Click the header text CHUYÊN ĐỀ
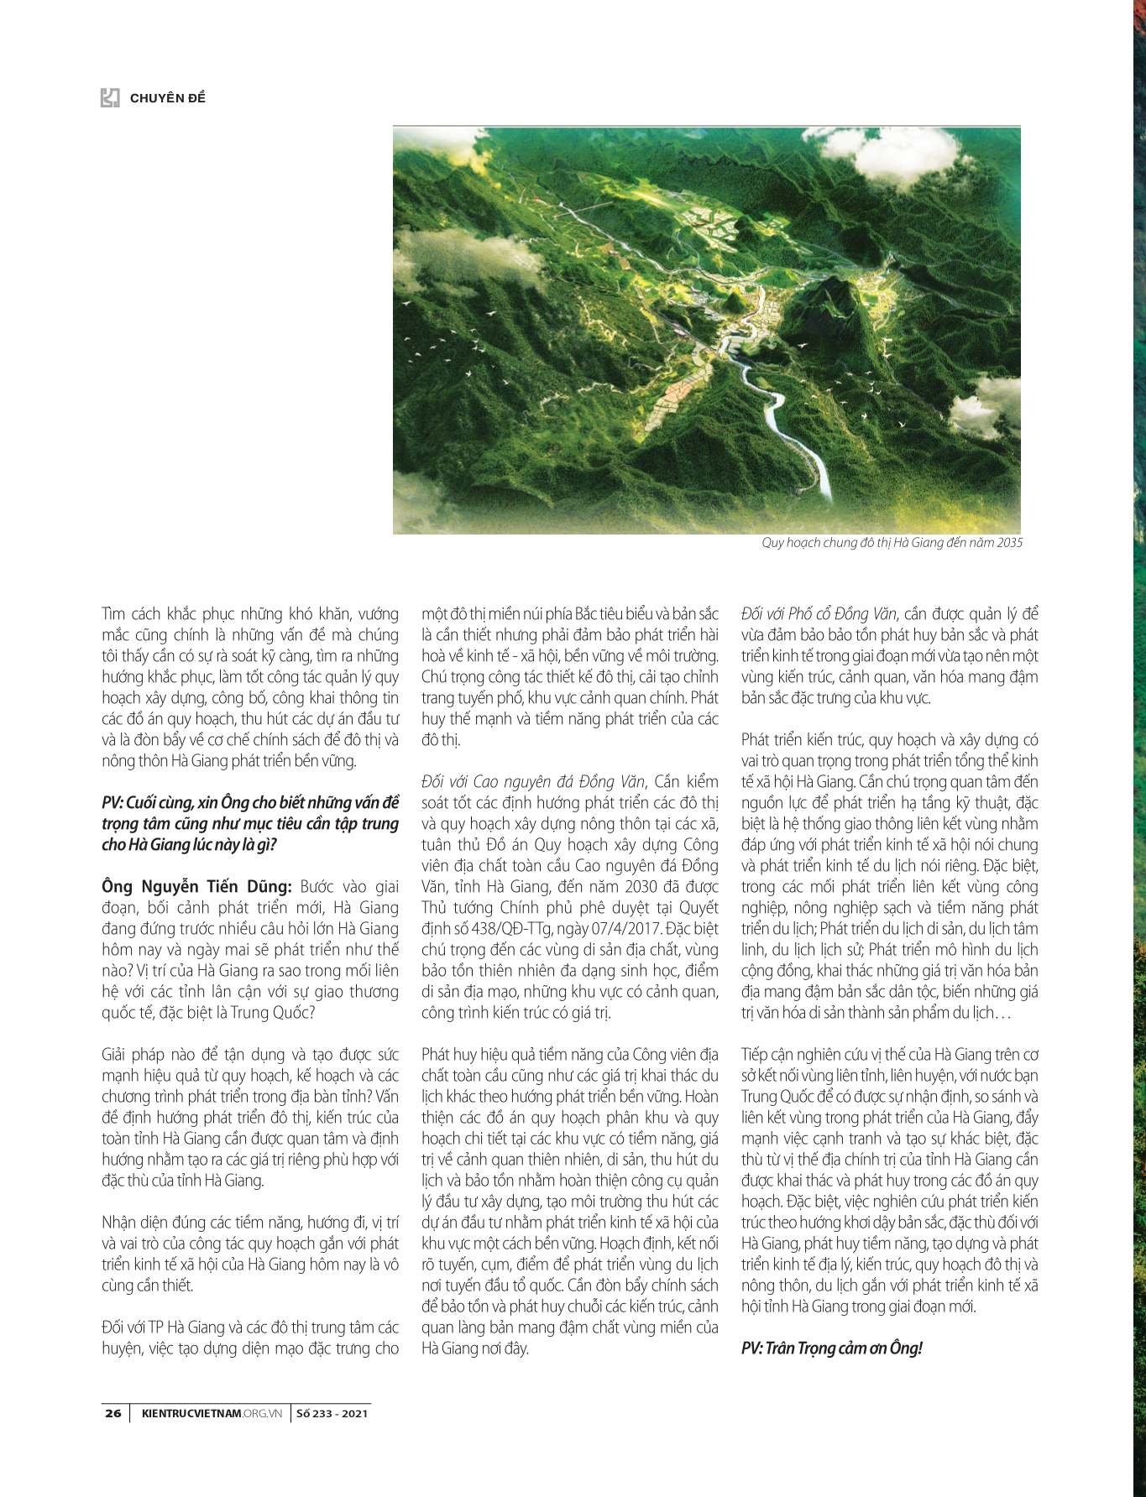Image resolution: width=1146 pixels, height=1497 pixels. coord(168,98)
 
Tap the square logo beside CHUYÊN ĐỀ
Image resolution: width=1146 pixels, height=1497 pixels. coord(110,98)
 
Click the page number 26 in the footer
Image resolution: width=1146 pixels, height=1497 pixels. coord(113,1413)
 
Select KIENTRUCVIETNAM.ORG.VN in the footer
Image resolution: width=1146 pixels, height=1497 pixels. coord(211,1413)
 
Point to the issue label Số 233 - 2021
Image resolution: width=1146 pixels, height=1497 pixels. coord(332,1413)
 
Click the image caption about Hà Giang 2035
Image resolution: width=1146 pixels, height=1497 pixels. coord(892,543)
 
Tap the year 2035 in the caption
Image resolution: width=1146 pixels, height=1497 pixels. coord(1009,543)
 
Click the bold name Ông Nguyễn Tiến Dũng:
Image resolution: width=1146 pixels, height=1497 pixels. coord(197,886)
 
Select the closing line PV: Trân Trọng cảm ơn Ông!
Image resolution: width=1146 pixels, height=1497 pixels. coord(831,1348)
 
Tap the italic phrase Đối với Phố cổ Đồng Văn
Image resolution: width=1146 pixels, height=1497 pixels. coord(819,613)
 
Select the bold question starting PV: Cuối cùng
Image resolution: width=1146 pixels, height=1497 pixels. coord(250,823)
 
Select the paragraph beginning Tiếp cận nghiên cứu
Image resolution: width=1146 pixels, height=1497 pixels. coord(890,1180)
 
